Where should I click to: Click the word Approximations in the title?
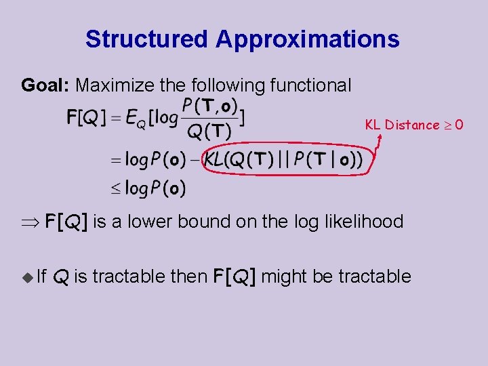pyautogui.click(x=307, y=39)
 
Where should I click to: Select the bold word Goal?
pyautogui.click(x=46, y=85)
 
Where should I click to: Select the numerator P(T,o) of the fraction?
pyautogui.click(x=210, y=106)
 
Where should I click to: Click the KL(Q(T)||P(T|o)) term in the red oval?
pyautogui.click(x=283, y=161)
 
